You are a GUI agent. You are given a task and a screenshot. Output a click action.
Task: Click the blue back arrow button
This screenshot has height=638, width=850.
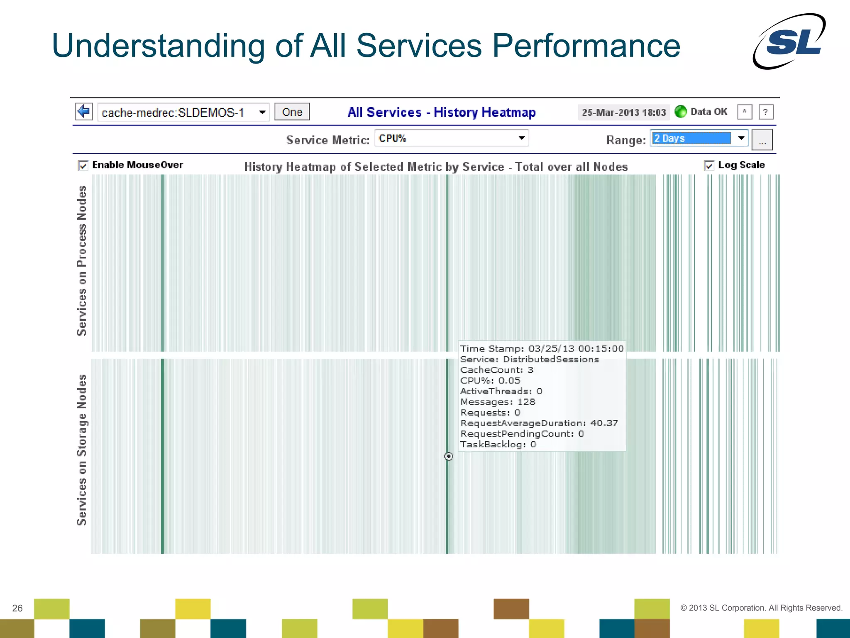point(84,111)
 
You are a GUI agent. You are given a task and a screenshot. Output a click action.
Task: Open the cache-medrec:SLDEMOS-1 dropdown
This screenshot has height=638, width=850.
point(183,113)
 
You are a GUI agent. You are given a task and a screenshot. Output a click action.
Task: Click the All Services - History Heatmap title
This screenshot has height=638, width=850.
point(441,112)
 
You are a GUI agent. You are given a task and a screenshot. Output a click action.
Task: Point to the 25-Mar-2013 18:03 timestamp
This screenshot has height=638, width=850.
point(623,113)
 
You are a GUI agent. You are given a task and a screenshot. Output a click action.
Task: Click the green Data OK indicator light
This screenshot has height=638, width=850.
point(680,111)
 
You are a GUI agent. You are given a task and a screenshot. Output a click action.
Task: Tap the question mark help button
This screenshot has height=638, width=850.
point(765,112)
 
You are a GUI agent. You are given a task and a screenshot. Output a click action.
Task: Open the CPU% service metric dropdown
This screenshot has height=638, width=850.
point(451,138)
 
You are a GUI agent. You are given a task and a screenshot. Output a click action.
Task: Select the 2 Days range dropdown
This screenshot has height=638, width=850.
point(699,138)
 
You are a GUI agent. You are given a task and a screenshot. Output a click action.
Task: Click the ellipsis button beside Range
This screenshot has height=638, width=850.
point(762,140)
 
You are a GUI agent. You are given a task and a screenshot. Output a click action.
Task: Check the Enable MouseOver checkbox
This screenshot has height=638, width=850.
point(83,166)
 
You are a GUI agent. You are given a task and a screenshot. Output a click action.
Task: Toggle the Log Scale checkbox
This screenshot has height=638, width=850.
point(709,166)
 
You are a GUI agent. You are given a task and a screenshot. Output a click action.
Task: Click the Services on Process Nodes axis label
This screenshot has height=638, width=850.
point(82,261)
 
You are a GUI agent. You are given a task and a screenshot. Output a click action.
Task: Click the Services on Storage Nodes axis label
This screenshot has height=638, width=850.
point(82,450)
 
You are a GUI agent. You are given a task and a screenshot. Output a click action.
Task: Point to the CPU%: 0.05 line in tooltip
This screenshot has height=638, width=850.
point(490,380)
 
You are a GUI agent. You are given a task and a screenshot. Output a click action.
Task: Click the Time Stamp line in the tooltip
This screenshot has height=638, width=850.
point(541,348)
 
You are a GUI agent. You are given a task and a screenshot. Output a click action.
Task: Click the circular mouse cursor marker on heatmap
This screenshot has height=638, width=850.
point(449,456)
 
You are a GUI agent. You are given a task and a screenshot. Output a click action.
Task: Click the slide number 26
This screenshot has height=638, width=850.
point(17,608)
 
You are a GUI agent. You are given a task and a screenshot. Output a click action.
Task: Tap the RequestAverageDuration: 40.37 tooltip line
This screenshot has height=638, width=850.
point(539,423)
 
